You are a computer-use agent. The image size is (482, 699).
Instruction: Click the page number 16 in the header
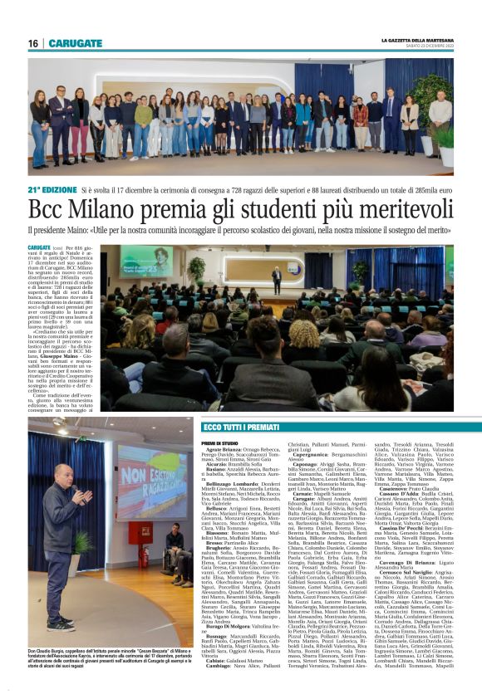pyautogui.click(x=33, y=43)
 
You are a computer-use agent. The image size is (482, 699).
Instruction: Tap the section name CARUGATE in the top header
pyautogui.click(x=76, y=43)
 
